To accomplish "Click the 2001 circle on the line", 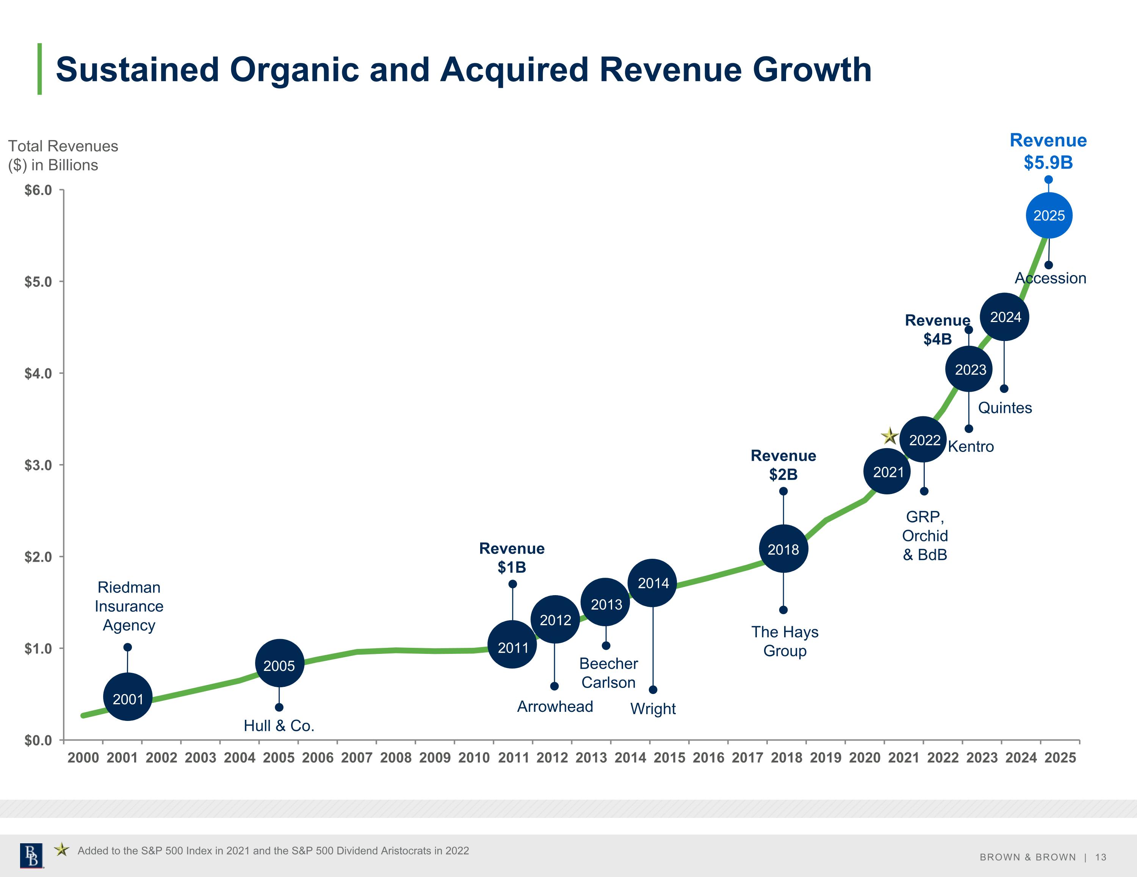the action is click(x=128, y=697).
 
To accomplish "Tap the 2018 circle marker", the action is click(x=783, y=549).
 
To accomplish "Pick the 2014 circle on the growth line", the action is click(x=652, y=583).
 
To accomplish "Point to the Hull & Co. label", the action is click(x=279, y=725).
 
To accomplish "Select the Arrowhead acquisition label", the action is click(x=555, y=706).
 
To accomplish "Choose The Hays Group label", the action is click(x=785, y=641).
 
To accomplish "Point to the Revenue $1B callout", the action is click(x=512, y=557).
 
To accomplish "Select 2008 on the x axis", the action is click(x=396, y=757).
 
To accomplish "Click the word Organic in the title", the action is click(x=294, y=70).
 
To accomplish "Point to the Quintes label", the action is click(x=1005, y=408).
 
